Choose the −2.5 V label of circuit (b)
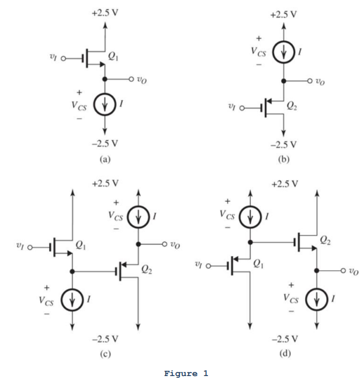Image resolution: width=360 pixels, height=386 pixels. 283,144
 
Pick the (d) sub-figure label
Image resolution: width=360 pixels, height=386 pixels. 283,353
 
